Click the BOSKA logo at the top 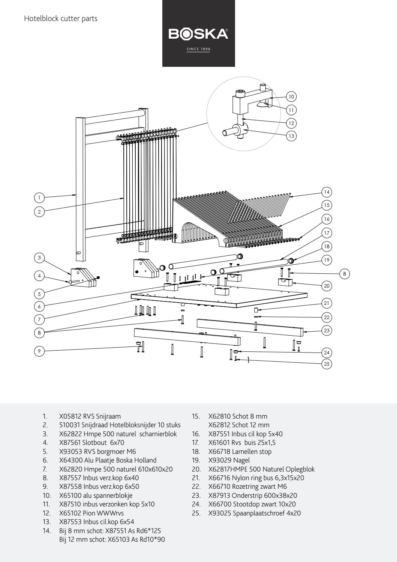click(198, 34)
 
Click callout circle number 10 click(291, 96)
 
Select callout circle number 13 click(291, 136)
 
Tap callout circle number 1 click(39, 197)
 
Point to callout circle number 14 click(327, 192)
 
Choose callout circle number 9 click(39, 351)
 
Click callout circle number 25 click(327, 364)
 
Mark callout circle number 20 click(327, 286)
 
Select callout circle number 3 click(39, 258)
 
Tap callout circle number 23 click(327, 330)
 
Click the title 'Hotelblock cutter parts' click(61, 18)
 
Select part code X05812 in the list click(71, 416)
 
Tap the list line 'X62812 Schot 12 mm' click(239, 425)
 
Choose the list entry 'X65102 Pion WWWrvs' click(91, 513)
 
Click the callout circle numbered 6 click(39, 306)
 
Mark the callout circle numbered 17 click(327, 233)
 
